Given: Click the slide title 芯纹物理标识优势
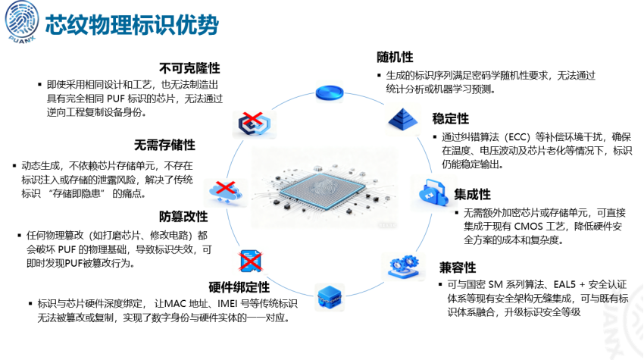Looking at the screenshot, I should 132,24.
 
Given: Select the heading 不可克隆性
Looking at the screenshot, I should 189,66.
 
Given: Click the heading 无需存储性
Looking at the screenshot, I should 165,145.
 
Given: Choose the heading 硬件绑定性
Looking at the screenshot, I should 239,286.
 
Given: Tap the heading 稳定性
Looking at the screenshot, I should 451,119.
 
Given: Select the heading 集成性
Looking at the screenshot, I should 473,195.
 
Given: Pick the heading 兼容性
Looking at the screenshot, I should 458,267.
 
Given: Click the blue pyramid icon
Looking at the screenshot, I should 403,118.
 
